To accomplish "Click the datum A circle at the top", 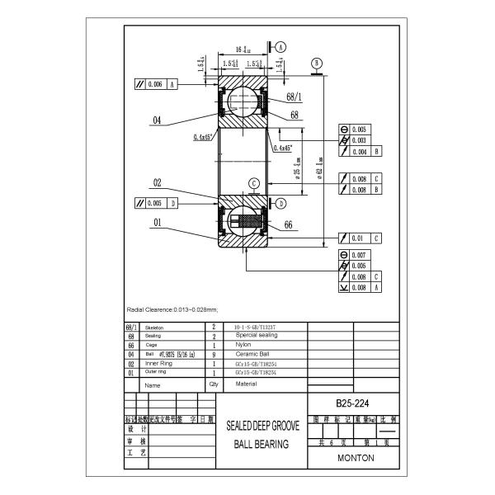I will pyautogui.click(x=281, y=47).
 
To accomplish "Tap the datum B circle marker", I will pyautogui.click(x=317, y=63).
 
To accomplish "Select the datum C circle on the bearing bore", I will pyautogui.click(x=255, y=183).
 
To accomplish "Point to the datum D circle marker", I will pyautogui.click(x=280, y=203).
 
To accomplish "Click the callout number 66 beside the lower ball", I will pyautogui.click(x=289, y=224).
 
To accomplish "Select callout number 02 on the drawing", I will pyautogui.click(x=156, y=183).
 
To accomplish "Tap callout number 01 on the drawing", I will pyautogui.click(x=156, y=221).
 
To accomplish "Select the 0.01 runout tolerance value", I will pyautogui.click(x=359, y=238).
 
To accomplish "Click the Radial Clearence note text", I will pyautogui.click(x=172, y=309).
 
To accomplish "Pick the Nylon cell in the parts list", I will pyautogui.click(x=244, y=345).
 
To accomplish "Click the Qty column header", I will pyautogui.click(x=213, y=384).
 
